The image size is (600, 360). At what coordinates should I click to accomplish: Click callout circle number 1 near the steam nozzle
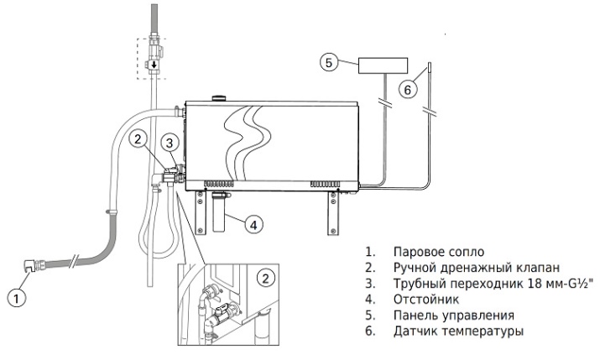coord(17,298)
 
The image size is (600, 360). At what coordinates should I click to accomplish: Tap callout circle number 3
coord(170,143)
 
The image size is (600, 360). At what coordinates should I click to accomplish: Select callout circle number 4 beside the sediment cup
coord(253,224)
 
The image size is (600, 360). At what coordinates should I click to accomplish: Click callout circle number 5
coord(329,62)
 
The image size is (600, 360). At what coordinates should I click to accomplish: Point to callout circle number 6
coord(408,90)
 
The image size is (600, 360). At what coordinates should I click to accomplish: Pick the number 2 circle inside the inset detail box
coord(265,278)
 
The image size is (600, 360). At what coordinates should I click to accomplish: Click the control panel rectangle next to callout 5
coord(383,65)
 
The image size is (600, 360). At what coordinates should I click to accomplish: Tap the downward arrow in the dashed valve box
coord(154,65)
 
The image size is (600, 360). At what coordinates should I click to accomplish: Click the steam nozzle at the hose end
coord(30,265)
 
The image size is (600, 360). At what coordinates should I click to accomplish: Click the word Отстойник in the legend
coord(426,299)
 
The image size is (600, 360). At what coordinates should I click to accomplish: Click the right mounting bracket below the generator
coord(333,212)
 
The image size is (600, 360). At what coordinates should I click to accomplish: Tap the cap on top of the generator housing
coord(219,97)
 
